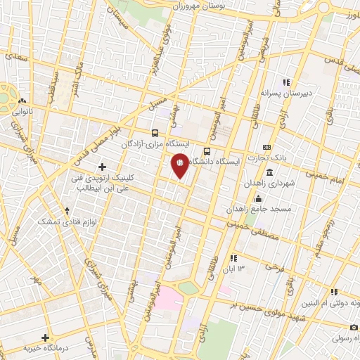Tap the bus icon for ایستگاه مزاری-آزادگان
(x=155, y=132)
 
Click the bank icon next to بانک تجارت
(x=266, y=146)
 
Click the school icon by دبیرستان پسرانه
(x=285, y=82)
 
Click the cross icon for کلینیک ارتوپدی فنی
(x=103, y=167)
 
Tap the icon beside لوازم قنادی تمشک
(x=67, y=210)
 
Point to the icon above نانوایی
(x=22, y=100)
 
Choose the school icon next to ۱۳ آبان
(x=232, y=259)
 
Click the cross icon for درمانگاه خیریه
(x=46, y=338)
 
